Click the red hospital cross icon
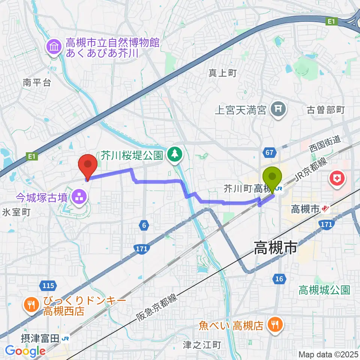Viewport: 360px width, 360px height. click(336, 177)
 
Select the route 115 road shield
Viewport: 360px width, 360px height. click(48, 286)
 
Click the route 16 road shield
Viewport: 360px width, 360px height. click(279, 278)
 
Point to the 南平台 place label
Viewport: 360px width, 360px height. click(36, 83)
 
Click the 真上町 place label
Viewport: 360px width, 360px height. click(222, 73)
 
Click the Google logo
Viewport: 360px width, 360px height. click(25, 351)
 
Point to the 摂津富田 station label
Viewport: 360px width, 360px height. click(40, 339)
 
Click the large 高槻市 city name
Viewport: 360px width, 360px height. click(275, 248)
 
